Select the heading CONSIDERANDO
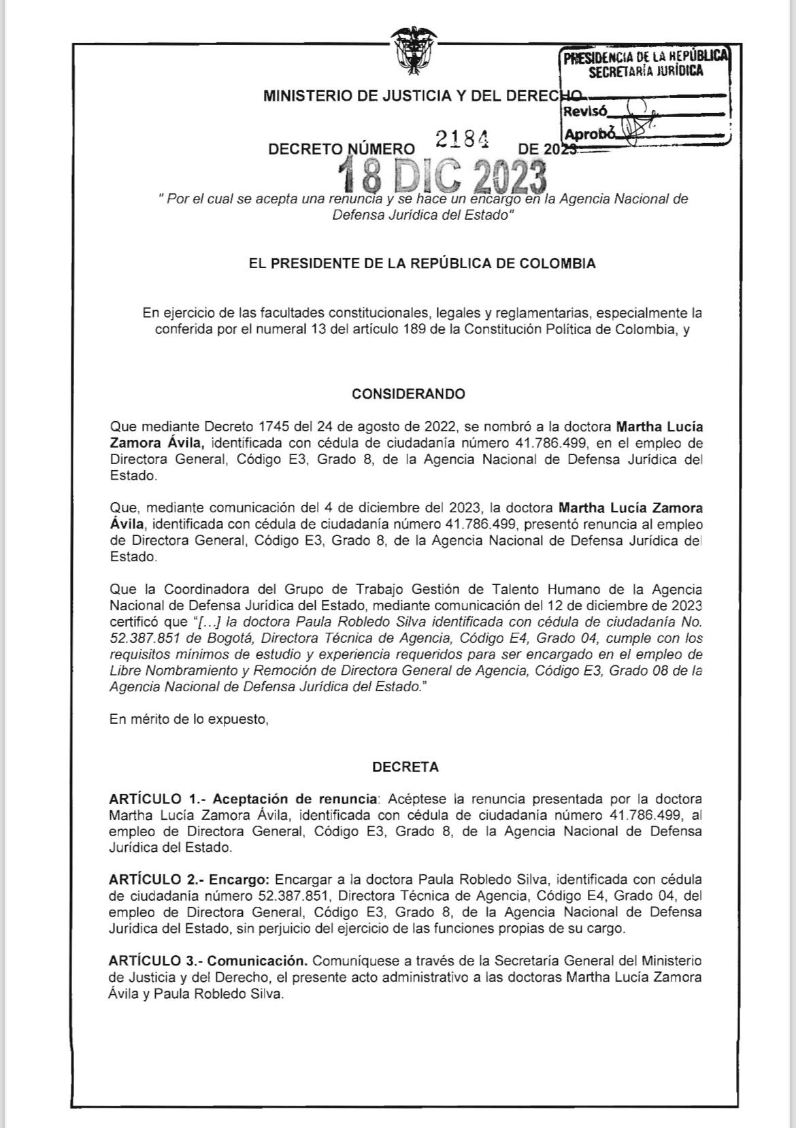[x=408, y=394]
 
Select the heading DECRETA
[x=405, y=767]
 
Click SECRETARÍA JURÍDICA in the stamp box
[x=645, y=72]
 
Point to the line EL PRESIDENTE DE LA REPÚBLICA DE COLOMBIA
[x=422, y=263]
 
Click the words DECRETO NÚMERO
[x=341, y=149]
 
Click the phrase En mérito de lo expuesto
[x=188, y=719]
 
